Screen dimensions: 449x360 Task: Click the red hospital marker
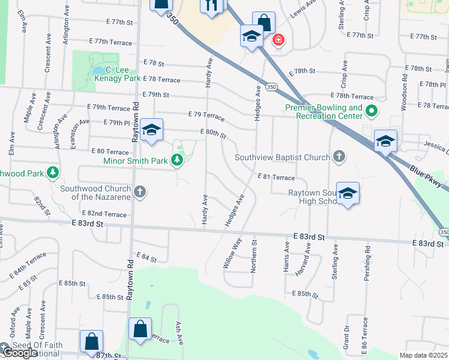(278, 40)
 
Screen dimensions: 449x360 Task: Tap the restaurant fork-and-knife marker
(211, 6)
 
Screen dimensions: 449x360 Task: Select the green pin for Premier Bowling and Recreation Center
(372, 111)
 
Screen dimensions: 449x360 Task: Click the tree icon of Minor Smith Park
(176, 160)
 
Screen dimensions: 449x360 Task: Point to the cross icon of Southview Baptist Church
(339, 157)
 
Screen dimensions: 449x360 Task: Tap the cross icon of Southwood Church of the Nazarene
(140, 192)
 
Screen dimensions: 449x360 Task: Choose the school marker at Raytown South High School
(348, 194)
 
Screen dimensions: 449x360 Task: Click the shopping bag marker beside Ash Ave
(140, 329)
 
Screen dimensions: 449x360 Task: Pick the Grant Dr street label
(346, 337)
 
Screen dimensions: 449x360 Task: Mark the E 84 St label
(146, 259)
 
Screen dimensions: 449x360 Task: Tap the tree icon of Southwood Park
(53, 173)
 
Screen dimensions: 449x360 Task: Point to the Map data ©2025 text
(423, 355)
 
